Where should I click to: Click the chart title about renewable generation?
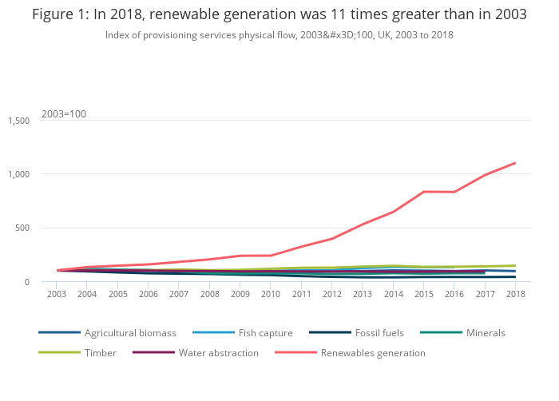pyautogui.click(x=279, y=14)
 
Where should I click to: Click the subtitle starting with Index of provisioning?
pyautogui.click(x=279, y=35)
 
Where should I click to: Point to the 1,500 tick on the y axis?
pyautogui.click(x=18, y=121)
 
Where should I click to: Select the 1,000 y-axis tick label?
pyautogui.click(x=18, y=174)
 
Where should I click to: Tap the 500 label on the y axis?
pyautogui.click(x=23, y=228)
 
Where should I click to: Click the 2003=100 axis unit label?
pyautogui.click(x=64, y=113)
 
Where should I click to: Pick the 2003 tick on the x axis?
pyautogui.click(x=57, y=294)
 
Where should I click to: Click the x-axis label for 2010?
pyautogui.click(x=271, y=294)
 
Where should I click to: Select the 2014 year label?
pyautogui.click(x=393, y=294)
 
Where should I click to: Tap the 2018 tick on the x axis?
pyautogui.click(x=515, y=294)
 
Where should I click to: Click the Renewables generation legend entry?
pyautogui.click(x=373, y=352)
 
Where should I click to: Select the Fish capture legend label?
pyautogui.click(x=265, y=332)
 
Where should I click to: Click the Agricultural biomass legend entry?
pyautogui.click(x=130, y=332)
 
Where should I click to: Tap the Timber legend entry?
pyautogui.click(x=100, y=352)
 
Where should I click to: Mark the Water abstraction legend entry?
pyautogui.click(x=218, y=352)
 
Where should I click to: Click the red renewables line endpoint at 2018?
pyautogui.click(x=515, y=163)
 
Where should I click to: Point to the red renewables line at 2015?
pyautogui.click(x=423, y=192)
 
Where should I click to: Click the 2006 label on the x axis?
pyautogui.click(x=149, y=294)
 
